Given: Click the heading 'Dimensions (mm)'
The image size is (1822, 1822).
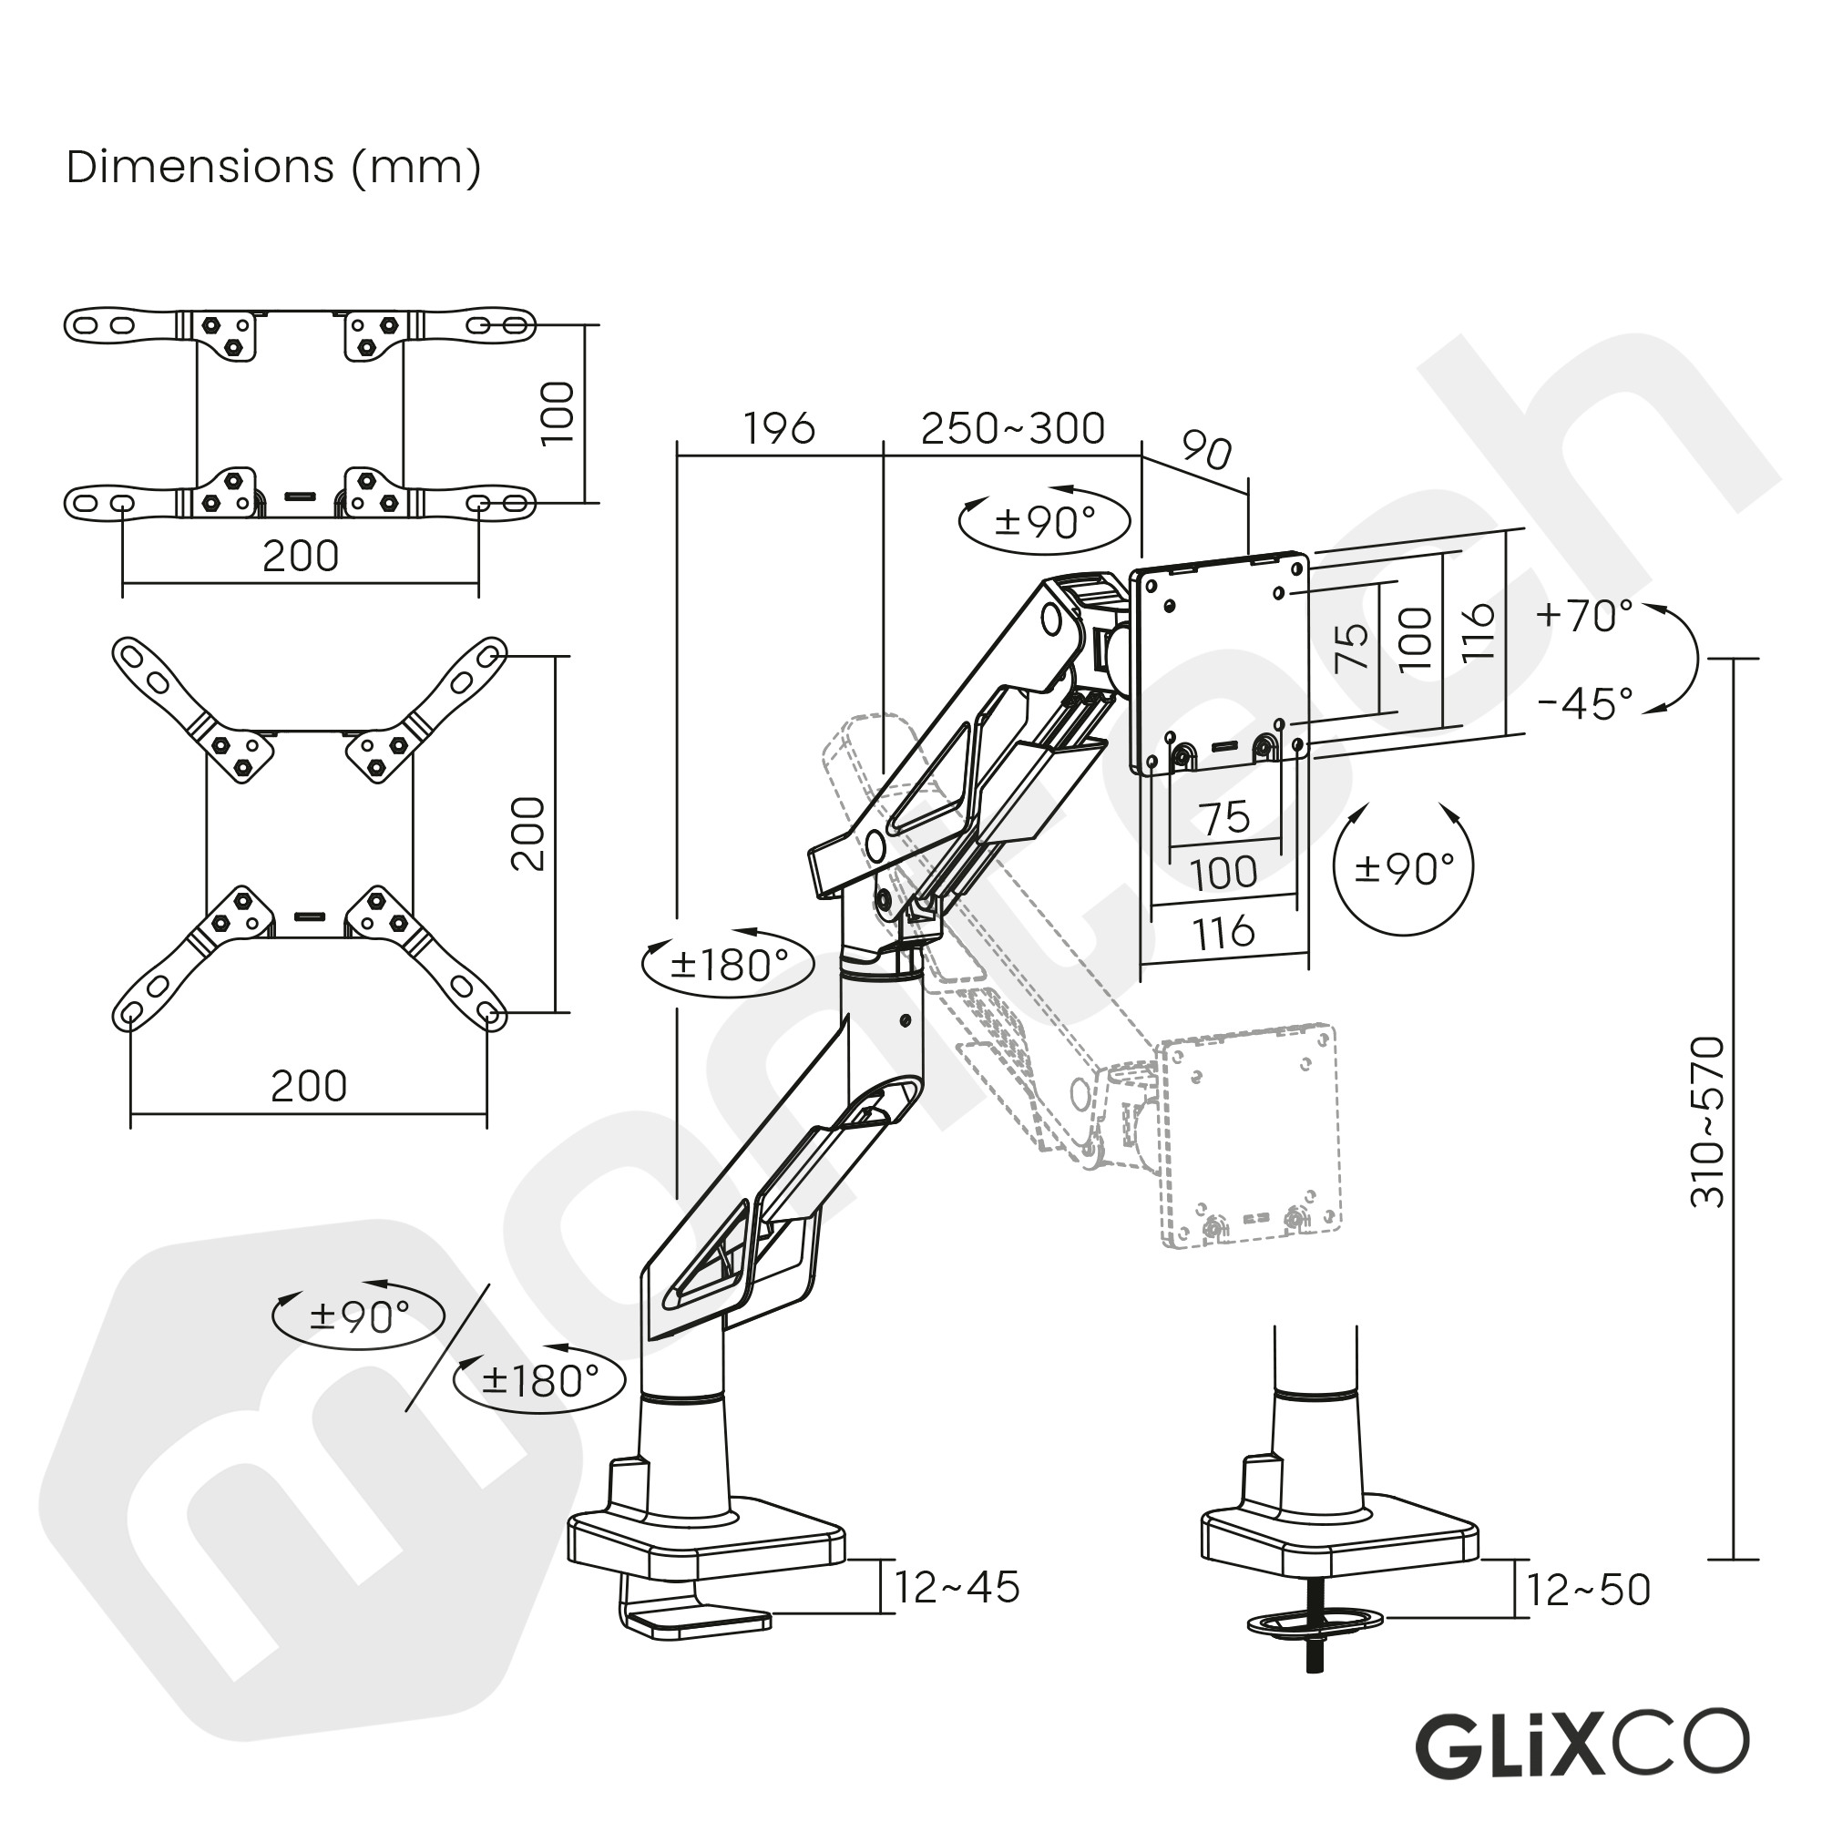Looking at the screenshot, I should coord(273,168).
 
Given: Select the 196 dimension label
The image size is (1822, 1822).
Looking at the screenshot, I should coord(778,429).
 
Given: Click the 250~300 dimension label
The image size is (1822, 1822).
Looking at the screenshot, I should coord(1012,429).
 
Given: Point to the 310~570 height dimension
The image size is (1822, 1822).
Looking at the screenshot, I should coord(1707,1122).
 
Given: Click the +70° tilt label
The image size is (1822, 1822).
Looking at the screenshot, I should coord(1583,617).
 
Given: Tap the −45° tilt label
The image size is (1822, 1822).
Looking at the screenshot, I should coord(1583,703).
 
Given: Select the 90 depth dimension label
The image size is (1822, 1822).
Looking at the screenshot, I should coord(1206,452).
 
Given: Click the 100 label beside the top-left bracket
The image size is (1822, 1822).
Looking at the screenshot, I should coord(558,413).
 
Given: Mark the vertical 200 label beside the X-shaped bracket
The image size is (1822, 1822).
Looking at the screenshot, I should coord(528,834).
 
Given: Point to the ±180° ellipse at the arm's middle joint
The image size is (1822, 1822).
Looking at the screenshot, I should coord(727,964).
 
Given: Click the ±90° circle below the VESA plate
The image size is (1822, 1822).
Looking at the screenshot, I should coord(1403,867).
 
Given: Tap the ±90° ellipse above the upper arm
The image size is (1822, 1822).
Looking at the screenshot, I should coord(1044,521).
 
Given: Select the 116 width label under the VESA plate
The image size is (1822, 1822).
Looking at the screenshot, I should coord(1223,934).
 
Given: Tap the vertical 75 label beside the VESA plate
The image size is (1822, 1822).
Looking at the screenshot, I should coord(1352,646).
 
